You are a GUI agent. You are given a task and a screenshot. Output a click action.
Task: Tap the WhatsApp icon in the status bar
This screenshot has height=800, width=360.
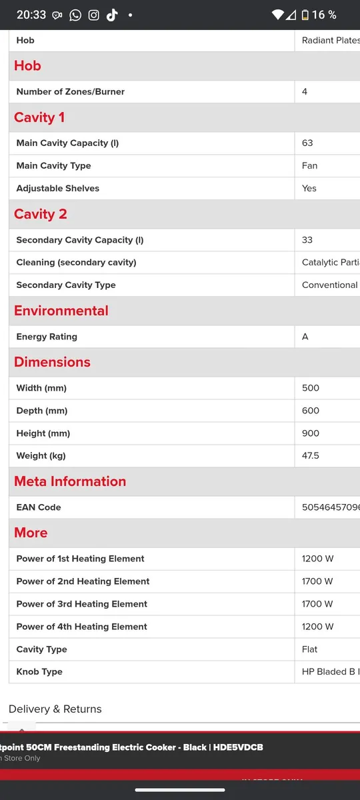pos(75,15)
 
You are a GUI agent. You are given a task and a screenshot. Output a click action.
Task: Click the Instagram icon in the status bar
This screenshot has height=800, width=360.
pos(93,15)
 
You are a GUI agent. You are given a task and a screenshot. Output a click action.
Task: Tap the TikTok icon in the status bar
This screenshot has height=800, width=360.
pos(111,15)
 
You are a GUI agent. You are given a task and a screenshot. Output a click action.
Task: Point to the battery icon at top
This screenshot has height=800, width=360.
pos(305,15)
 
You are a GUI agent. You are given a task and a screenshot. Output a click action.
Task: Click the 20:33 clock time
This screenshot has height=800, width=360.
pos(31,15)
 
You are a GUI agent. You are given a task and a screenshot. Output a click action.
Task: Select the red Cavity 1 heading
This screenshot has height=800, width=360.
pos(39,117)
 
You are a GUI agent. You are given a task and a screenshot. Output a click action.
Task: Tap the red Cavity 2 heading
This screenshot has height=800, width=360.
pos(41,214)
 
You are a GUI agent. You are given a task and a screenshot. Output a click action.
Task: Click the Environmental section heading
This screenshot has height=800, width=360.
pos(61,311)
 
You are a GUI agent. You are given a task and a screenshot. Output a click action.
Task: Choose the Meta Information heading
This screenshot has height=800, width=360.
pos(70,481)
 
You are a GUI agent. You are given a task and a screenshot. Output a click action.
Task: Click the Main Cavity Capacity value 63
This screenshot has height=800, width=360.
pos(307,143)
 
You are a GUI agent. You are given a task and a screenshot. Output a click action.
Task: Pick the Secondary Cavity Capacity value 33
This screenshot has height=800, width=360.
pos(307,240)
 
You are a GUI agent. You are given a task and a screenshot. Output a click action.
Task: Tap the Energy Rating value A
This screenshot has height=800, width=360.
pos(305,337)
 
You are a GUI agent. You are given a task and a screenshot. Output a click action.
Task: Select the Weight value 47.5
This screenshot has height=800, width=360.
pos(310,456)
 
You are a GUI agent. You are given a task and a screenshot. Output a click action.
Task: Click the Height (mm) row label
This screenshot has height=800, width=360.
pos(43,433)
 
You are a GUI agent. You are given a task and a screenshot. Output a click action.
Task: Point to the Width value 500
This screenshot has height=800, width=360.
pos(311,388)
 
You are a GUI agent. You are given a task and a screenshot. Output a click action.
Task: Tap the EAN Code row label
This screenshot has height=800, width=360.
pos(39,507)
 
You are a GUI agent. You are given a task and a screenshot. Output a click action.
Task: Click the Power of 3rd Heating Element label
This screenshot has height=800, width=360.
pos(82,604)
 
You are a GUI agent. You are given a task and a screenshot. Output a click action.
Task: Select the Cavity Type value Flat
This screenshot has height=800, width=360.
pos(309,649)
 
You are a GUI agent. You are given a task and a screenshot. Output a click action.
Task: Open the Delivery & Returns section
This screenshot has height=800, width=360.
pos(55,709)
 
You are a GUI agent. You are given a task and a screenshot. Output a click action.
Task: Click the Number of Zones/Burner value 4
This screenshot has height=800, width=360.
pos(305,91)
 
